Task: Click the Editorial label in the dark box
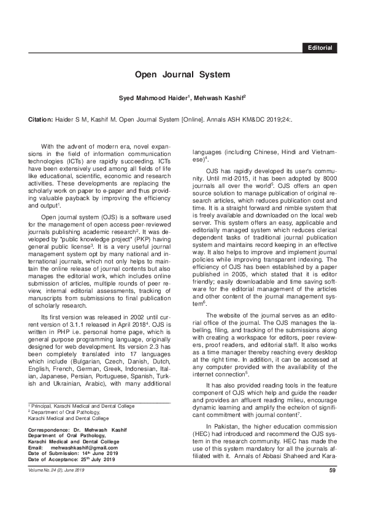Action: (x=320, y=47)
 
